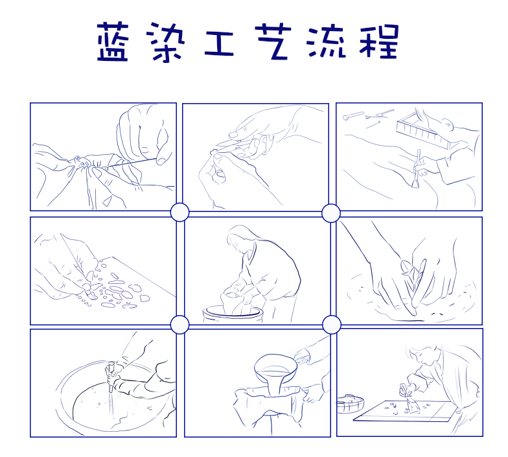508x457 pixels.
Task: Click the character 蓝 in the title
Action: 114,42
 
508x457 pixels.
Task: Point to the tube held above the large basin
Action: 112,376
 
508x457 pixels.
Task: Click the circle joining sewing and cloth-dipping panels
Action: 179,212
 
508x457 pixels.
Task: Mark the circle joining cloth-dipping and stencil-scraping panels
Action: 331,324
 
